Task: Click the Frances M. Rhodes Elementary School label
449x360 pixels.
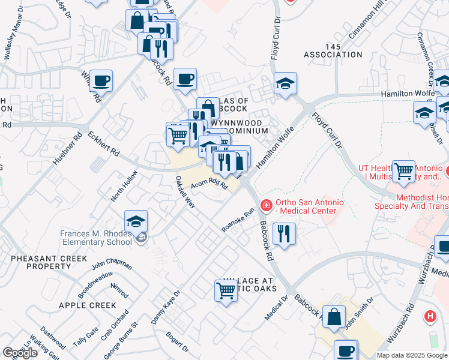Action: click(x=96, y=238)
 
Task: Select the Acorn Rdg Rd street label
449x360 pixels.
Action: click(x=209, y=186)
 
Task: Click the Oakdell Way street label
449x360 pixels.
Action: click(x=185, y=192)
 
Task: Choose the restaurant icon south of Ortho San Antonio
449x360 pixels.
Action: click(x=284, y=233)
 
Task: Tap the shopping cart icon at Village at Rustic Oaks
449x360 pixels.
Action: click(x=226, y=291)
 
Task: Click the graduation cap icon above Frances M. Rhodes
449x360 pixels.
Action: click(x=136, y=221)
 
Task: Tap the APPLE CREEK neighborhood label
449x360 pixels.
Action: click(x=87, y=305)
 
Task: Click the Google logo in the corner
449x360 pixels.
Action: click(x=20, y=353)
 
